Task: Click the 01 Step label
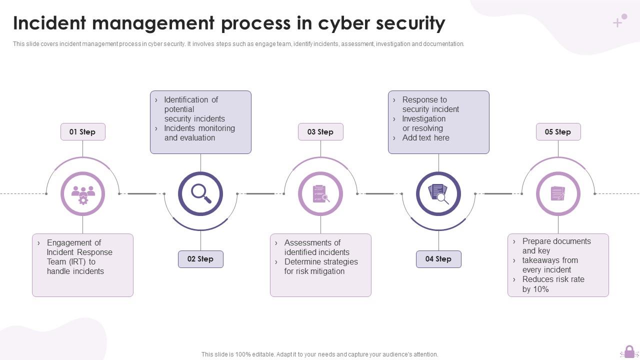(82, 132)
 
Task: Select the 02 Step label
(200, 259)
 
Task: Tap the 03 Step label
(320, 132)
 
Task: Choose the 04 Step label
(438, 259)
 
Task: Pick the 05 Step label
(558, 132)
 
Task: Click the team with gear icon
(82, 194)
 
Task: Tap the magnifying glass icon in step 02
(201, 194)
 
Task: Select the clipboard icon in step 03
(320, 194)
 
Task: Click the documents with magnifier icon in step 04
(438, 194)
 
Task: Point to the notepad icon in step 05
(558, 194)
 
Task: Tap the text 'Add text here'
(425, 138)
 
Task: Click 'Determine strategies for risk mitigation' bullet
(320, 266)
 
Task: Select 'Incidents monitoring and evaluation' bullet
(199, 133)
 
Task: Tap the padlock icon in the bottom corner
(629, 351)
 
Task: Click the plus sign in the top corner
(618, 22)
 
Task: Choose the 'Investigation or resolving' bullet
(423, 123)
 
